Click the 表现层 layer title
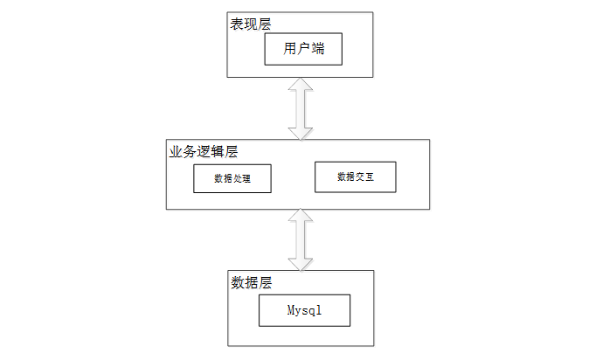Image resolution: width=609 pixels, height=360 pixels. pyautogui.click(x=251, y=24)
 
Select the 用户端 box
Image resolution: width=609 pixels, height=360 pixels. pyautogui.click(x=303, y=49)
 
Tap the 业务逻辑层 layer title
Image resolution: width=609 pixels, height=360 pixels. pyautogui.click(x=203, y=151)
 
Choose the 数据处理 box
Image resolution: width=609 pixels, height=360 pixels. pyautogui.click(x=232, y=178)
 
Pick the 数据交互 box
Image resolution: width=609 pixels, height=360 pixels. pyautogui.click(x=356, y=177)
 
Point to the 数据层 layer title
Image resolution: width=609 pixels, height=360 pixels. pyautogui.click(x=252, y=283)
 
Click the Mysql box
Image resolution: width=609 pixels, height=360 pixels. pyautogui.click(x=304, y=310)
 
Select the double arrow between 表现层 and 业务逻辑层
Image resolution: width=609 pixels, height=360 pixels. pyautogui.click(x=301, y=108)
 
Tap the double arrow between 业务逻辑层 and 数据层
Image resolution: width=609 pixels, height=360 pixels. pyautogui.click(x=301, y=239)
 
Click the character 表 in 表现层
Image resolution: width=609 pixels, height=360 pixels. pyautogui.click(x=237, y=24)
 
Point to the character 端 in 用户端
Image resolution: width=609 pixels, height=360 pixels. pyautogui.click(x=318, y=49)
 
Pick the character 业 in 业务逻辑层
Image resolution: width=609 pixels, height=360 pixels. pyautogui.click(x=176, y=151)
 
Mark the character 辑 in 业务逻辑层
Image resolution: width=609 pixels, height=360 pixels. pyautogui.click(x=217, y=151)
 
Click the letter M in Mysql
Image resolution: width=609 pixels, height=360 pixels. pyautogui.click(x=291, y=310)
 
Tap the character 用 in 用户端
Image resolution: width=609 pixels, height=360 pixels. pyautogui.click(x=290, y=49)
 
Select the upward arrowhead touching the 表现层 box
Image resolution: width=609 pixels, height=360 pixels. pyautogui.click(x=301, y=84)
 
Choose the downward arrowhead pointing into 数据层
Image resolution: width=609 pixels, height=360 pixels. pyautogui.click(x=301, y=264)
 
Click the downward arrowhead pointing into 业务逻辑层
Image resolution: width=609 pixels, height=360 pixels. pyautogui.click(x=301, y=133)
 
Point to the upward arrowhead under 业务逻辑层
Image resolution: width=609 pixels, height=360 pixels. pyautogui.click(x=301, y=216)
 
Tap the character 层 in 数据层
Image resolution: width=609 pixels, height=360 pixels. pyautogui.click(x=266, y=283)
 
